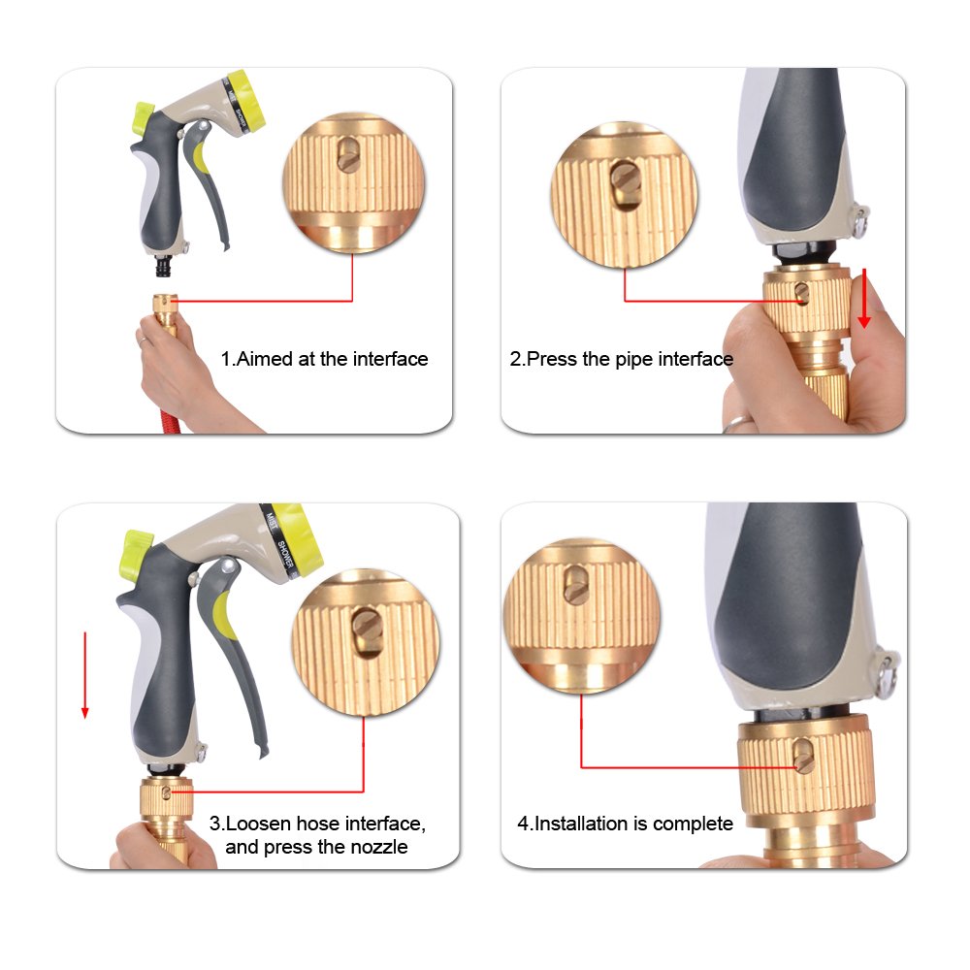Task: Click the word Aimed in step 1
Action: click(x=265, y=359)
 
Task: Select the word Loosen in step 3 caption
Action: click(x=259, y=824)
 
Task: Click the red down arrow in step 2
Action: click(x=864, y=298)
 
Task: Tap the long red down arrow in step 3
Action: click(x=85, y=675)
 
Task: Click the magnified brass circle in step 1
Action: click(x=354, y=183)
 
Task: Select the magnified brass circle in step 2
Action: click(x=624, y=195)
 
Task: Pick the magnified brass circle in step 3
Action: click(x=365, y=642)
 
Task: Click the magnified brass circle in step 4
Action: click(x=581, y=616)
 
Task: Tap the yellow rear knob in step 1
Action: click(x=144, y=119)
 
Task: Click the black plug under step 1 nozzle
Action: click(x=165, y=266)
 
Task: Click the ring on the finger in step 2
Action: click(x=738, y=423)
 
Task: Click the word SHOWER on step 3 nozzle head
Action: click(x=286, y=555)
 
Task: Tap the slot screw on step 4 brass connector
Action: click(x=803, y=757)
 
